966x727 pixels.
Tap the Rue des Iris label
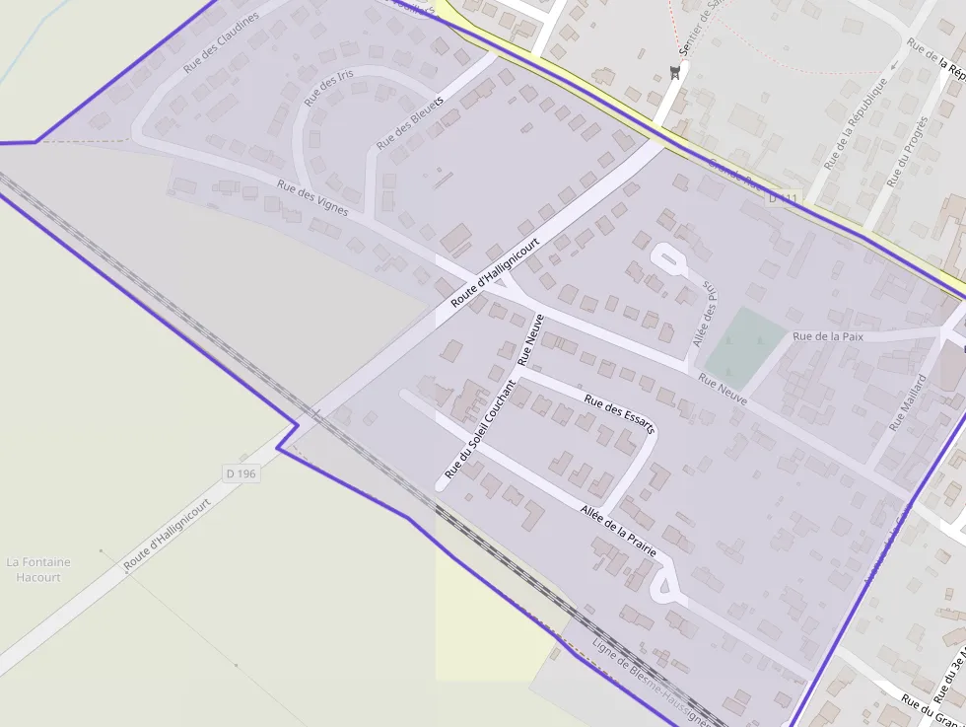(x=329, y=89)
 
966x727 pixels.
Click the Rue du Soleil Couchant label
(x=480, y=429)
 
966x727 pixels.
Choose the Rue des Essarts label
(x=620, y=414)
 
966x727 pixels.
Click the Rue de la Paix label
(x=828, y=336)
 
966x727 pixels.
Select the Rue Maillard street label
(x=908, y=402)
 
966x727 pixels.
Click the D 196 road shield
(x=241, y=473)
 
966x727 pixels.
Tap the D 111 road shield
(x=783, y=199)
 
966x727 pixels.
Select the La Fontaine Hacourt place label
(x=38, y=569)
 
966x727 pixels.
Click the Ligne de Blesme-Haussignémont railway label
(x=651, y=680)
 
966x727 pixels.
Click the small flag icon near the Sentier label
(x=675, y=71)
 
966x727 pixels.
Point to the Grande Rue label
(x=733, y=179)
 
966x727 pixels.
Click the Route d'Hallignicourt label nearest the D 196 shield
(x=168, y=533)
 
